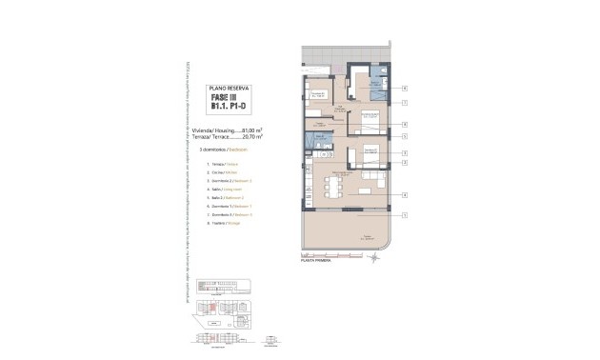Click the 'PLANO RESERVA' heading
click(228, 88)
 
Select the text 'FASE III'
click(228, 99)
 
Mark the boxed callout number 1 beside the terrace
click(405, 214)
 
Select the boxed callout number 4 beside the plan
click(405, 195)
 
